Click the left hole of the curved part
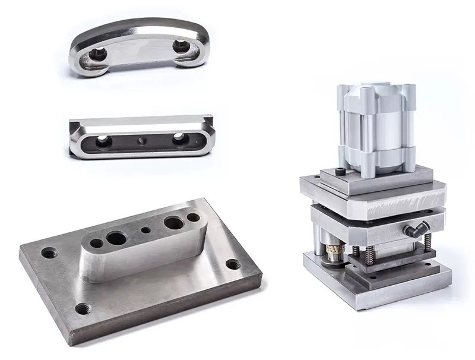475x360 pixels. pyautogui.click(x=96, y=56)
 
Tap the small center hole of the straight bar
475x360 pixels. pyautogui.click(x=141, y=141)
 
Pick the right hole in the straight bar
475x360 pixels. pyautogui.click(x=179, y=138)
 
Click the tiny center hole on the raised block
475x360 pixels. pyautogui.click(x=145, y=230)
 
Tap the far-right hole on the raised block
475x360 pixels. pyautogui.click(x=194, y=217)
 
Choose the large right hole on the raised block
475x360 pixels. pyautogui.click(x=173, y=223)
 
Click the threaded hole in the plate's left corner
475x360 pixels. pyautogui.click(x=48, y=253)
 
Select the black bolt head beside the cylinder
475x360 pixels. pyautogui.click(x=340, y=172)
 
